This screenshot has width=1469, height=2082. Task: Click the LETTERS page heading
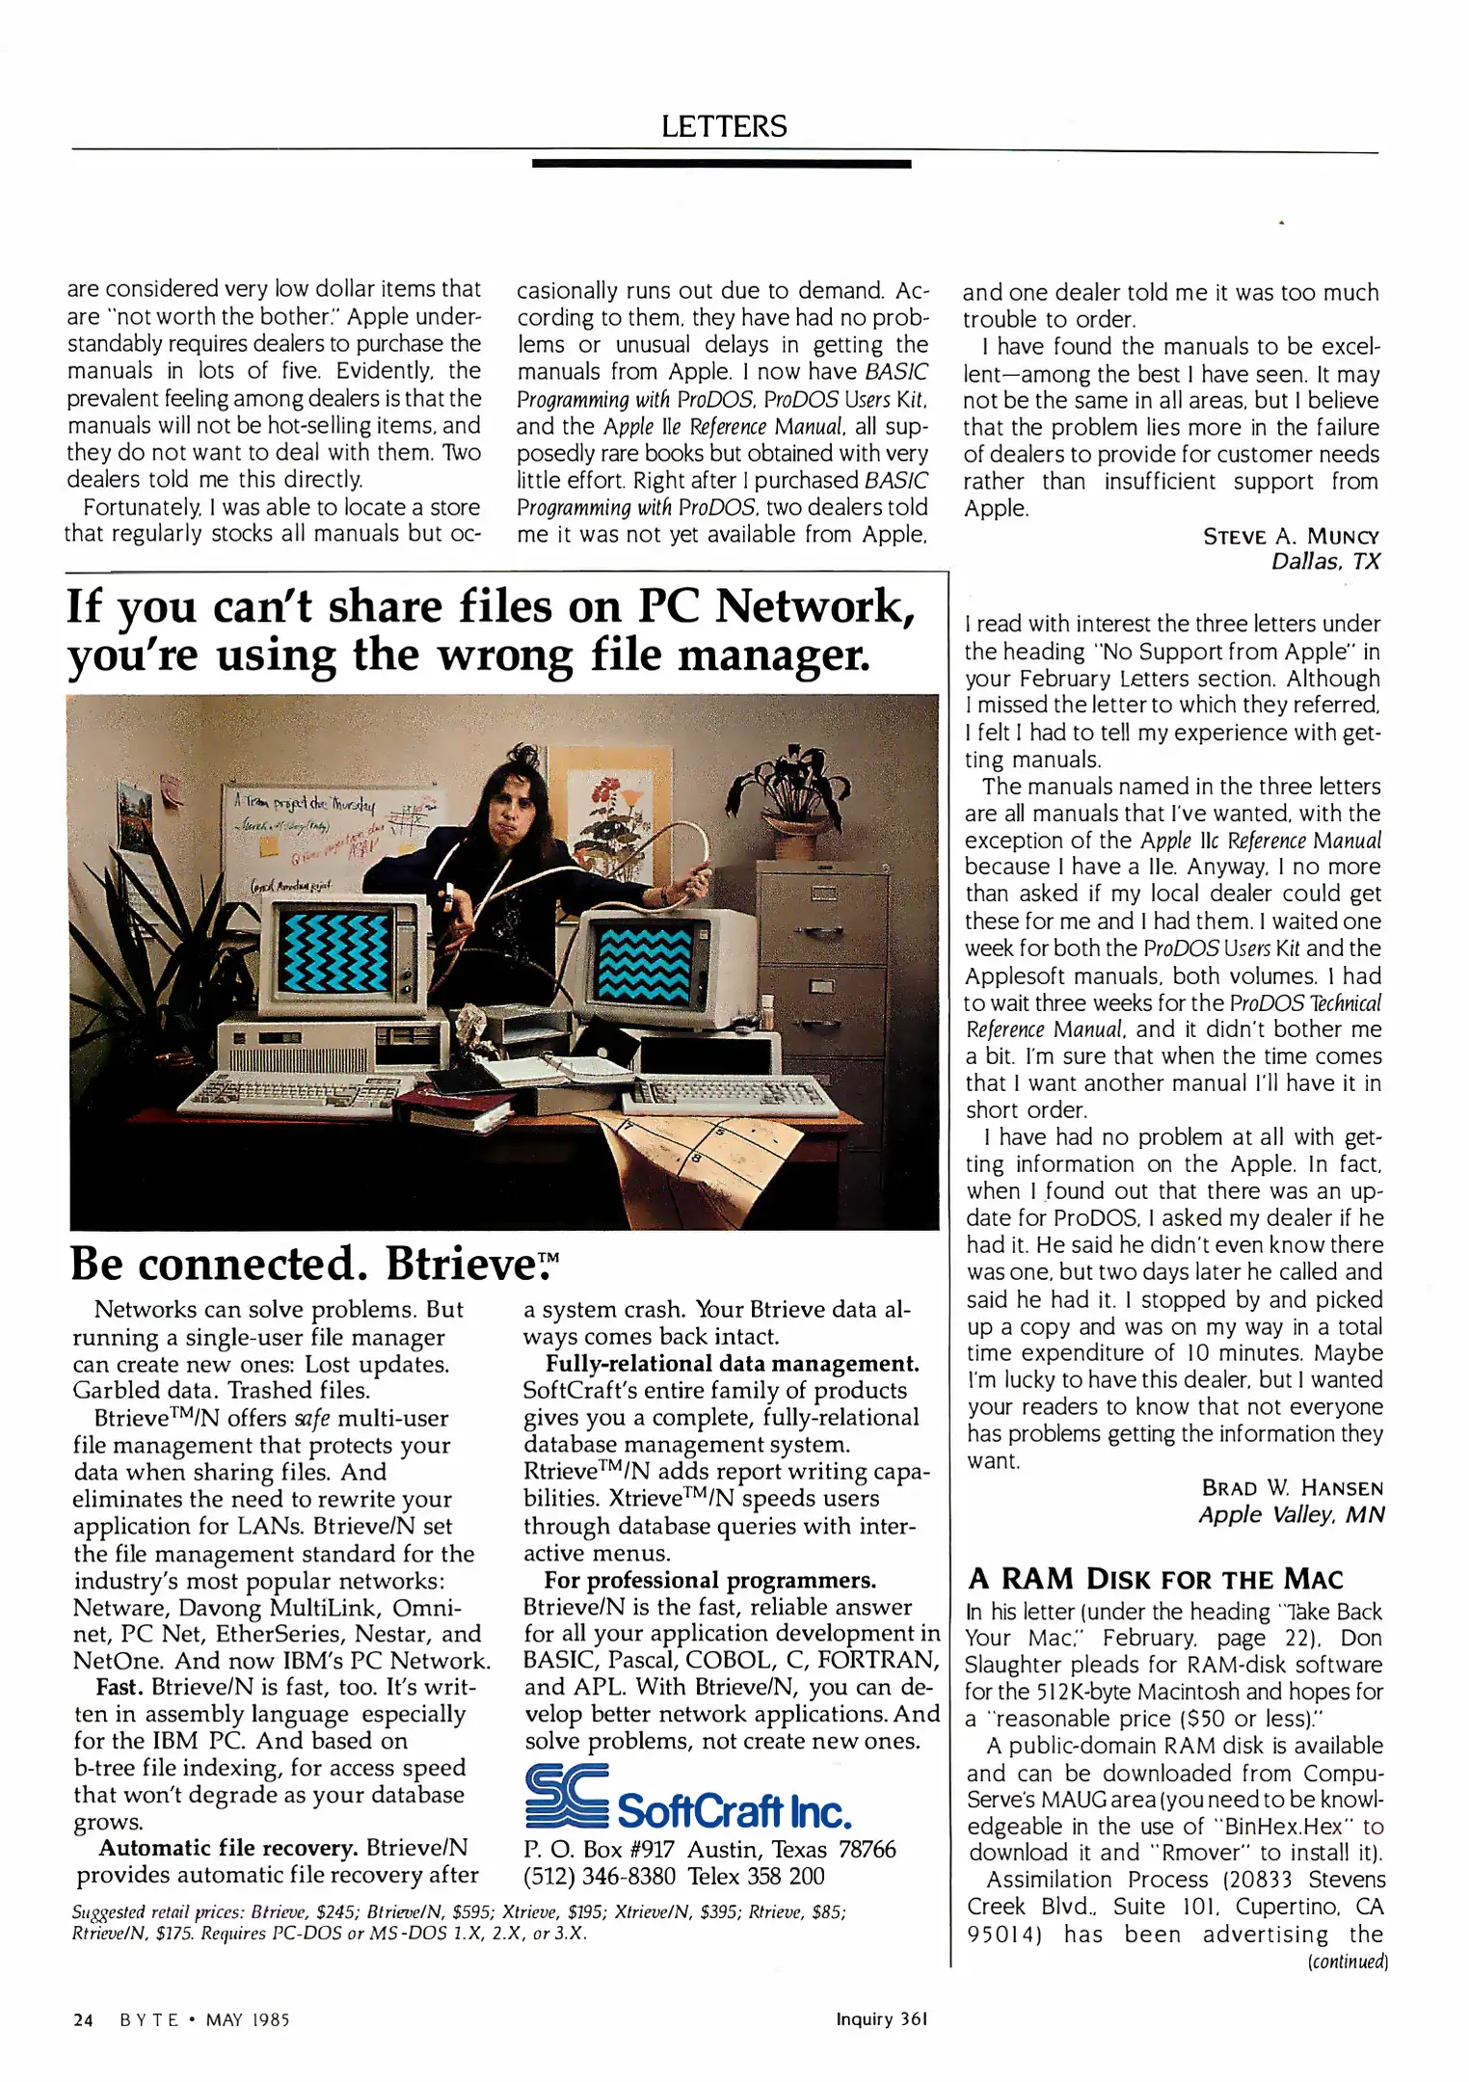click(724, 126)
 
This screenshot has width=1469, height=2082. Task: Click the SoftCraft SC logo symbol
click(567, 1796)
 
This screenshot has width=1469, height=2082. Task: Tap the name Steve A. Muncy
click(1291, 536)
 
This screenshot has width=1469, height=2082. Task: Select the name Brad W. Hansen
click(1292, 1487)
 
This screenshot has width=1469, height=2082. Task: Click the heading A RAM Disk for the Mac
click(1155, 1579)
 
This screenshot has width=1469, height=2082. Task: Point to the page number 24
click(83, 2019)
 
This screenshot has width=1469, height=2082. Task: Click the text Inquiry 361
click(881, 2018)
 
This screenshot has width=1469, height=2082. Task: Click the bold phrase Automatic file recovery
click(227, 1847)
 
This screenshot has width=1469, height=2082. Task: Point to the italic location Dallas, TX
click(1325, 562)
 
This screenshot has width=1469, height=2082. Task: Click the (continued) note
click(1347, 1961)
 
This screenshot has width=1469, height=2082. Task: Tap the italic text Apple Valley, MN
click(1291, 1514)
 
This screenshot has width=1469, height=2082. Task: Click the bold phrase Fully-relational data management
click(732, 1363)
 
